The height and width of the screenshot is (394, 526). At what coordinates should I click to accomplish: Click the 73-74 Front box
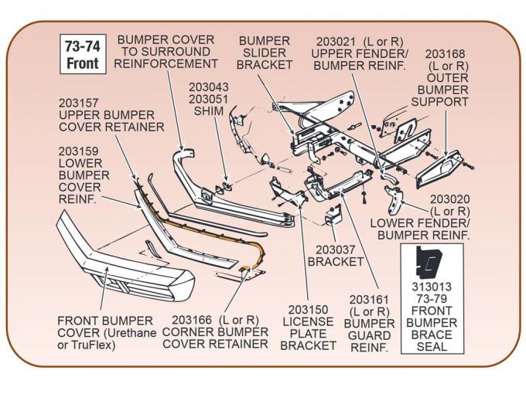coord(82,54)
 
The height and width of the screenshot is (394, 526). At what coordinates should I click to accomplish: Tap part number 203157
coord(79,102)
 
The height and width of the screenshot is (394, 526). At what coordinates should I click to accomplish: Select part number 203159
coord(80,151)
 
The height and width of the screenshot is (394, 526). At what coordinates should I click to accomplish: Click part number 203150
coord(309,308)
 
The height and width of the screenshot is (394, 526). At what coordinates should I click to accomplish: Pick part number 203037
coord(336,249)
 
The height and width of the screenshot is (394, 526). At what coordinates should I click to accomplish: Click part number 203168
coord(445,53)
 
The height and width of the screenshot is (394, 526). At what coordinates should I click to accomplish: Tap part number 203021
coord(338,40)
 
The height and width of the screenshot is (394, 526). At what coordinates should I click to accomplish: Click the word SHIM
coord(208,111)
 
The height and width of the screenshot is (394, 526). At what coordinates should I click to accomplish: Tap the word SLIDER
coord(265,52)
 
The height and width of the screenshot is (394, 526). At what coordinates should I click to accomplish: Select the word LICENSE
coord(309,321)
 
